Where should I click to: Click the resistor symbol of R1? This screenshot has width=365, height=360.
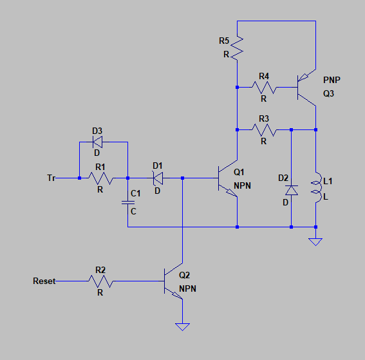[101, 178]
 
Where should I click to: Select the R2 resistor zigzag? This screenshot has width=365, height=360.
[101, 281]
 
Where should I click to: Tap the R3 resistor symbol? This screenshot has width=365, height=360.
[264, 129]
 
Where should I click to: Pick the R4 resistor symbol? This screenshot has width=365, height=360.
[264, 88]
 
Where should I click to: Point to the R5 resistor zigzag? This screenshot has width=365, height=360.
[237, 48]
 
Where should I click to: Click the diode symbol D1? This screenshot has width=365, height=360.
[158, 178]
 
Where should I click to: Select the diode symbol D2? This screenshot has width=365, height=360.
[292, 190]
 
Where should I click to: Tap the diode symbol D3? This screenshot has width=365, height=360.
[97, 142]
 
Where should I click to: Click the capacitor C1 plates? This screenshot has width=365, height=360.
[128, 203]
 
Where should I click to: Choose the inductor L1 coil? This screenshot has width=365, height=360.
[317, 187]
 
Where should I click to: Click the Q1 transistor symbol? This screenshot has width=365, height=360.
[228, 178]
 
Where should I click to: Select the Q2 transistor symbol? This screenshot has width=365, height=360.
[173, 281]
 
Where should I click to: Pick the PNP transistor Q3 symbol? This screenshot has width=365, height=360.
[306, 88]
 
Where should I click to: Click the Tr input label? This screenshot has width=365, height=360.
[51, 178]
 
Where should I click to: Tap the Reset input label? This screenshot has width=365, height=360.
[44, 281]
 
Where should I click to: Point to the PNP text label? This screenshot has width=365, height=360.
[332, 80]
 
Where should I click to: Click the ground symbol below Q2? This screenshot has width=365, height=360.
[183, 327]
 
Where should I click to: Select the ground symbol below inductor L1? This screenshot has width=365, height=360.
[315, 242]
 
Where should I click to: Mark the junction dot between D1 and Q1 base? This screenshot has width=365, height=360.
[183, 178]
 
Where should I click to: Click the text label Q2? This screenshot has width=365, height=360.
[184, 275]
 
